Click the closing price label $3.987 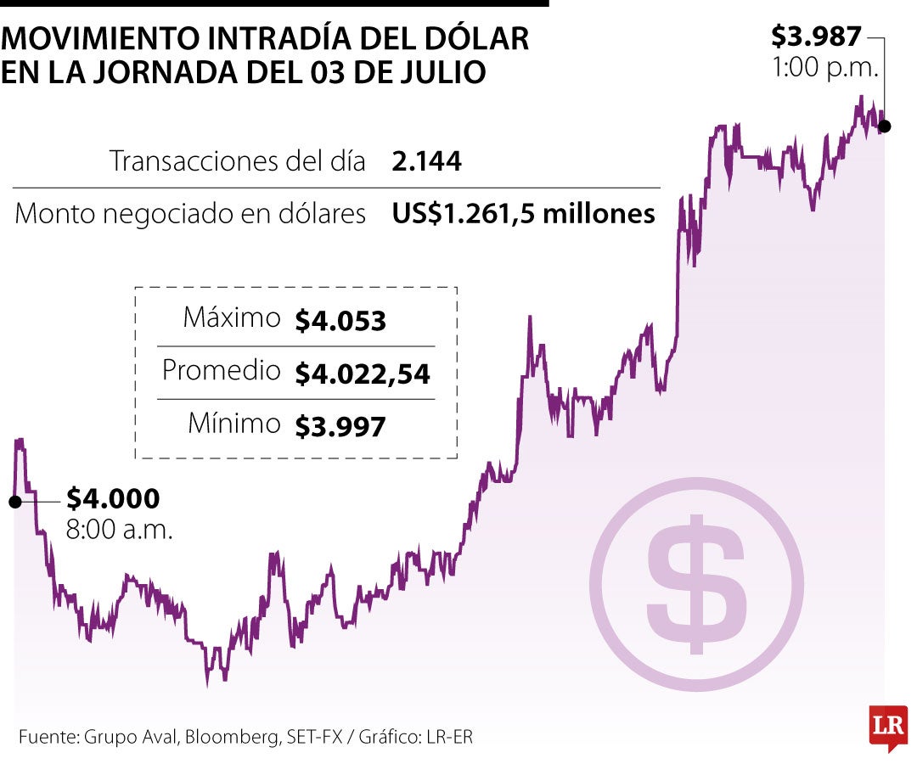[816, 36]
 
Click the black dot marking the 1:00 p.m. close [884, 126]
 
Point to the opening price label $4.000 [113, 498]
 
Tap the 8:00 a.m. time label [120, 531]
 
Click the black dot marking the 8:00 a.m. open [14, 502]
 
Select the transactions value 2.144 [427, 161]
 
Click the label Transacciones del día [237, 161]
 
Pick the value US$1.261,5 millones [523, 214]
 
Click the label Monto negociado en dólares [190, 214]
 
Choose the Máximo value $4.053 [340, 321]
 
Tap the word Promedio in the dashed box [221, 371]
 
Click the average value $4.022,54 [363, 374]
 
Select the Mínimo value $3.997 [340, 426]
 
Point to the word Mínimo [233, 424]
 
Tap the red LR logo [887, 727]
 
